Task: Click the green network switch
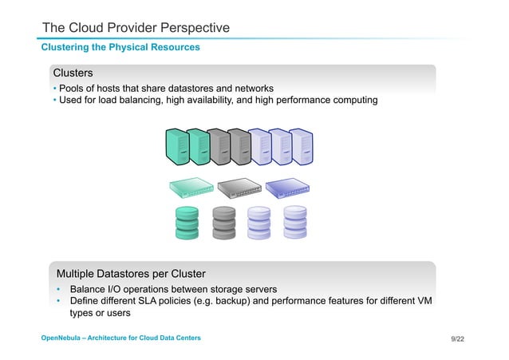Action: click(x=191, y=188)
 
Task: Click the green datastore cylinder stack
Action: click(x=187, y=222)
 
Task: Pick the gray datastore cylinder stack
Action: click(x=224, y=222)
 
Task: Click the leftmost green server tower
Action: click(x=176, y=147)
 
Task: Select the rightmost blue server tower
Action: click(x=302, y=147)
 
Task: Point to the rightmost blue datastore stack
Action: click(x=294, y=222)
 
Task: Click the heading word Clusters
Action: click(x=73, y=73)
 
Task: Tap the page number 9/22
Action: click(x=457, y=339)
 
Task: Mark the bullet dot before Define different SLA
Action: click(x=59, y=301)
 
